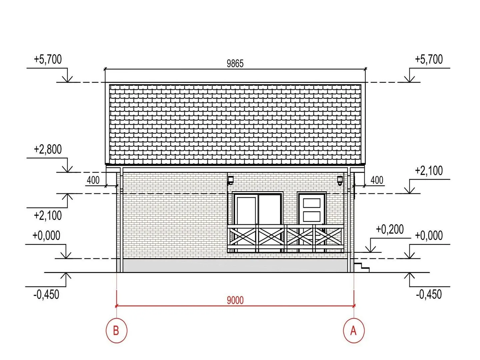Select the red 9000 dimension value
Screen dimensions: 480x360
tap(235, 300)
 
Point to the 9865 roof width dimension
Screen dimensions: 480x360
tap(235, 63)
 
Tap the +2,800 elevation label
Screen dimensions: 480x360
tap(48, 150)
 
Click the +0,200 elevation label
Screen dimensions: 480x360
tap(390, 230)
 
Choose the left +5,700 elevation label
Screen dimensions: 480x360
tap(48, 59)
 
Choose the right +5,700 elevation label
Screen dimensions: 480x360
tap(429, 59)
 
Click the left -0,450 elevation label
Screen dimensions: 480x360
tap(46, 294)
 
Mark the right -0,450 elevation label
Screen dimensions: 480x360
tap(429, 294)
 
